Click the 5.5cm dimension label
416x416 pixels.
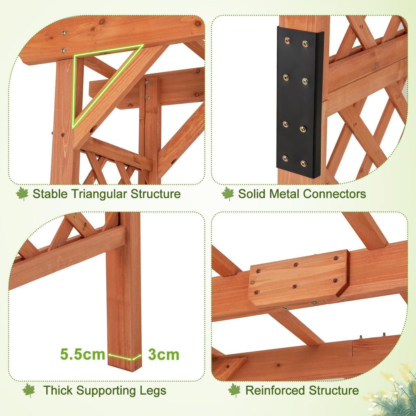pos(83,354)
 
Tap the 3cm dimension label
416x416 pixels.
pos(164,355)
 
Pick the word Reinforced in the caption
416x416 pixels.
pos(275,391)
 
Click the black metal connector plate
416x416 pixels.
pos(299,102)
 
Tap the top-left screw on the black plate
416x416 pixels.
pos(287,40)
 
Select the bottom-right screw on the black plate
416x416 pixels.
pos(303,164)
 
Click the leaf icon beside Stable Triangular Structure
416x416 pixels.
pos(22,194)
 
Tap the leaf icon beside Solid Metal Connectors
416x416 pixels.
pos(228,194)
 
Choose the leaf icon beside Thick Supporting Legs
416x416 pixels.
pos(29,391)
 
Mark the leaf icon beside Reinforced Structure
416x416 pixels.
pos(234,391)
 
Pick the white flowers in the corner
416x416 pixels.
pos(396,389)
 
